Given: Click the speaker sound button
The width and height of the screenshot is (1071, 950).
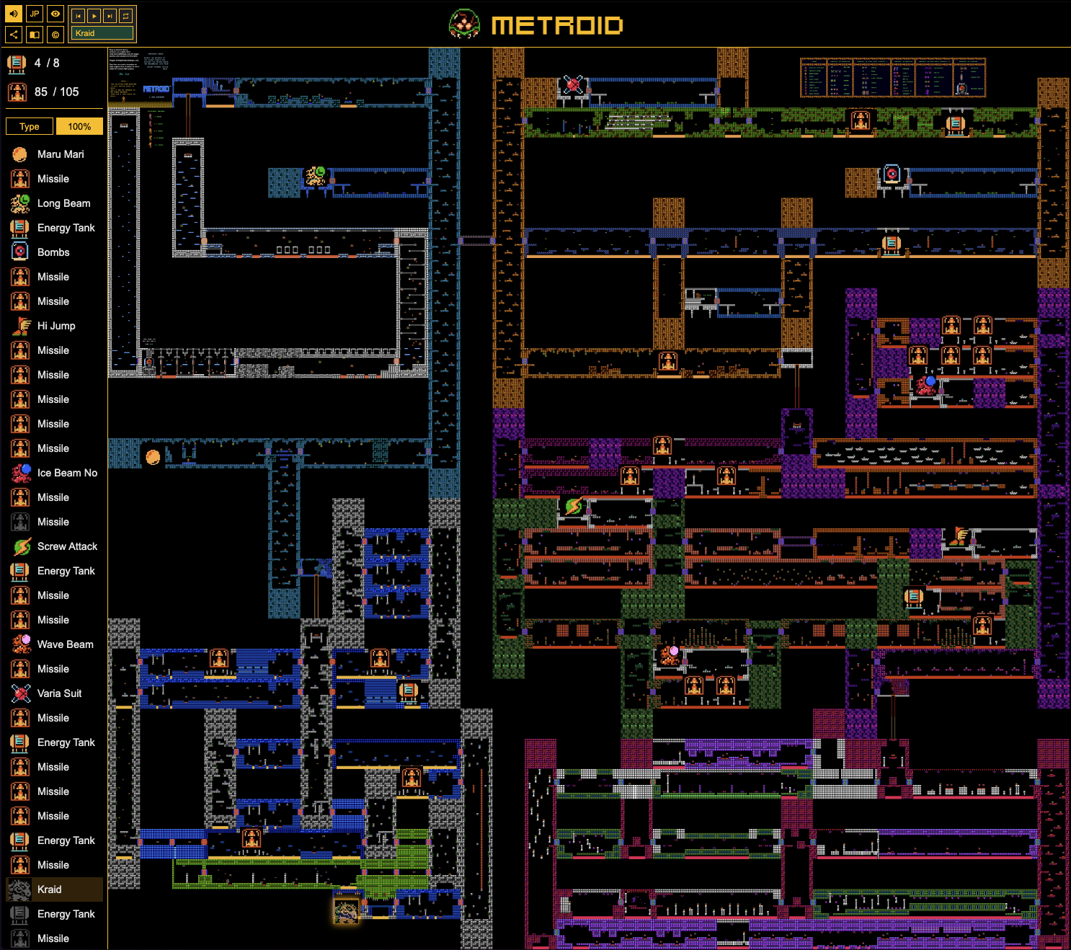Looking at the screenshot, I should tap(14, 14).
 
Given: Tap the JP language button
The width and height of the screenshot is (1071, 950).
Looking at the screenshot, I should tap(35, 14).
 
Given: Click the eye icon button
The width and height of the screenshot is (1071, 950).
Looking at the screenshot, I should tap(55, 14).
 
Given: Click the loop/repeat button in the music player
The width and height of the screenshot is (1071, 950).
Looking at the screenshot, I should tap(125, 15).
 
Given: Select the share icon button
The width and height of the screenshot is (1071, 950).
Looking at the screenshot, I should tap(14, 34).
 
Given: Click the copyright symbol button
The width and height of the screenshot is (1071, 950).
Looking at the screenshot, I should tap(55, 34).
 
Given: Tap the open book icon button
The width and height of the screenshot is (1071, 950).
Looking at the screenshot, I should tap(35, 34).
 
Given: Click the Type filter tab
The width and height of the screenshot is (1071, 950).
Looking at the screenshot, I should tap(30, 126).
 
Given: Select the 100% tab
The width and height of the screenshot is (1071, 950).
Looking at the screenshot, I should tap(79, 126).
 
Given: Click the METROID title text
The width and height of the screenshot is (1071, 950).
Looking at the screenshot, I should tap(556, 26).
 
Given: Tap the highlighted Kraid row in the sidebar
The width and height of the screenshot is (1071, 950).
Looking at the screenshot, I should tap(54, 889).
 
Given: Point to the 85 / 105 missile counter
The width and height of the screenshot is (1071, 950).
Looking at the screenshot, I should tap(56, 92).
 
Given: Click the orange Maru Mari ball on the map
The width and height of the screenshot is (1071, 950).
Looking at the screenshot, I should tap(153, 457).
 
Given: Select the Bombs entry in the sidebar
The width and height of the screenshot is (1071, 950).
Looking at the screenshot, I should tap(54, 252).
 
